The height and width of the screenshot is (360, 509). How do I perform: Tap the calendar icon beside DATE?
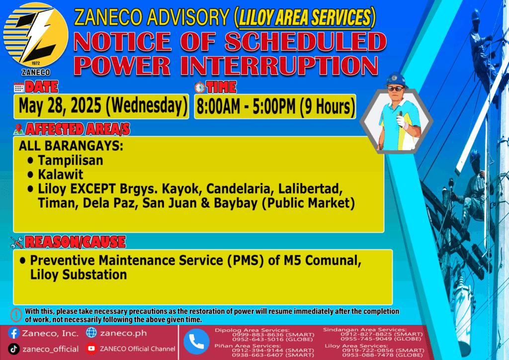pyautogui.click(x=19, y=88)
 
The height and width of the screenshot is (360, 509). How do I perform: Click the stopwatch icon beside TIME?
pyautogui.click(x=200, y=88)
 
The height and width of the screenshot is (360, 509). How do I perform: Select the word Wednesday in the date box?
pyautogui.click(x=147, y=105)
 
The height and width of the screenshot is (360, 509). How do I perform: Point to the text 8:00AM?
pyautogui.click(x=218, y=106)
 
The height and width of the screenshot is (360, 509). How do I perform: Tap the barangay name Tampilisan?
pyautogui.click(x=71, y=161)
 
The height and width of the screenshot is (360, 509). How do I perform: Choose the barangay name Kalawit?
pyautogui.click(x=61, y=175)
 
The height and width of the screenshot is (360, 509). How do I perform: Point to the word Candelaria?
pyautogui.click(x=240, y=189)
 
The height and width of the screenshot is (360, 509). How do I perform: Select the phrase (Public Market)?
pyautogui.click(x=308, y=203)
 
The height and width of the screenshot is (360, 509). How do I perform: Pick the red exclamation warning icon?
pyautogui.click(x=16, y=315)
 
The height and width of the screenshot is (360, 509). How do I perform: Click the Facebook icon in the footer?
pyautogui.click(x=13, y=333)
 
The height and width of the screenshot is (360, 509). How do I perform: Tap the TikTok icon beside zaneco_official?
pyautogui.click(x=13, y=349)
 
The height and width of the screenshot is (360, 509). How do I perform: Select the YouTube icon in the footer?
pyautogui.click(x=91, y=349)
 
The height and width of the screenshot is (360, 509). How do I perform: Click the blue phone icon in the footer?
pyautogui.click(x=196, y=342)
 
